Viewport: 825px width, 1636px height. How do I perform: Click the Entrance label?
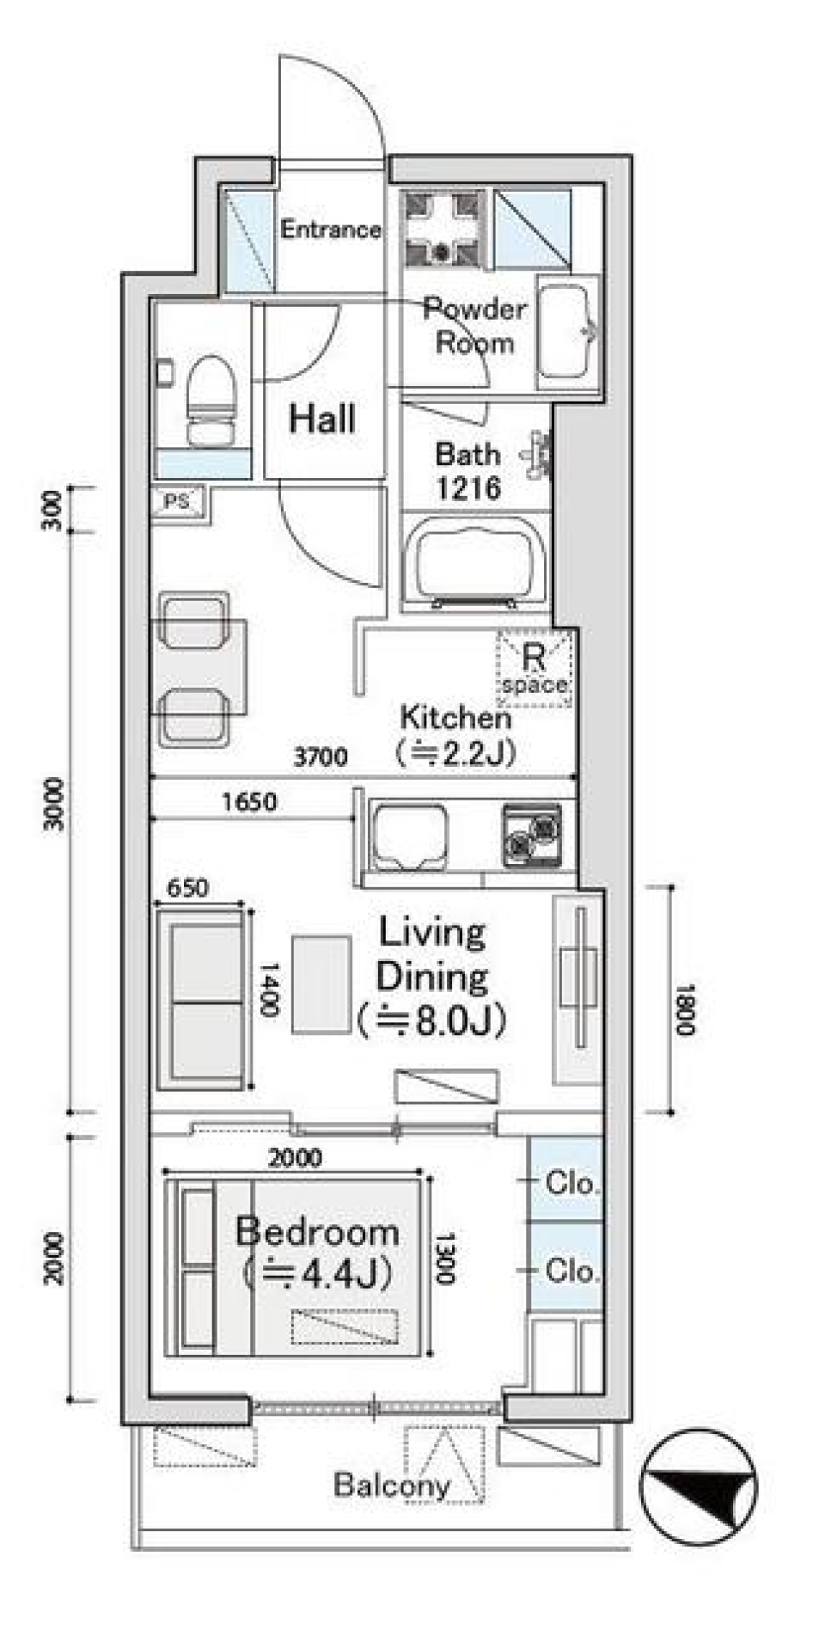pyautogui.click(x=331, y=230)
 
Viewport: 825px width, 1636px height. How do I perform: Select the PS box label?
pyautogui.click(x=177, y=501)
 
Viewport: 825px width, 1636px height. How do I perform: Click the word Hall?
pyautogui.click(x=322, y=419)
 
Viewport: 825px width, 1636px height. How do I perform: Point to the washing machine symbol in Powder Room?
pyautogui.click(x=443, y=229)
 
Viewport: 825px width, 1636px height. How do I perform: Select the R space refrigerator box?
pyautogui.click(x=535, y=670)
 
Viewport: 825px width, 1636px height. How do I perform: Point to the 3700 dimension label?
pyautogui.click(x=320, y=757)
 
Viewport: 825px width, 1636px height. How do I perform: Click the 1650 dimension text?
pyautogui.click(x=249, y=802)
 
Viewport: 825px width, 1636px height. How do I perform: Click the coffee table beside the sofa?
pyautogui.click(x=321, y=983)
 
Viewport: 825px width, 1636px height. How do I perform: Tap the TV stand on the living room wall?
pyautogui.click(x=577, y=989)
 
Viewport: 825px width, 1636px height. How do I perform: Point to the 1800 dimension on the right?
pyautogui.click(x=684, y=1009)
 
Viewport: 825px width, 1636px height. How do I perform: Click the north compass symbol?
pyautogui.click(x=699, y=1486)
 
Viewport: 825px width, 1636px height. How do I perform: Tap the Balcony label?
pyautogui.click(x=391, y=1485)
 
